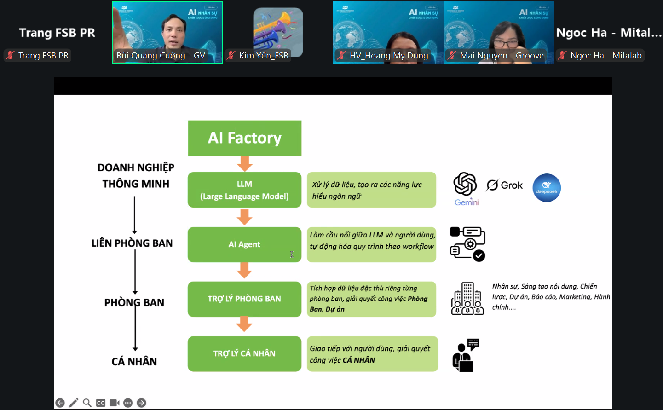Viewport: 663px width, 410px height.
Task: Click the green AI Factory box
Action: tap(244, 138)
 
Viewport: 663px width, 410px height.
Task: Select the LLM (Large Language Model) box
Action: tap(244, 190)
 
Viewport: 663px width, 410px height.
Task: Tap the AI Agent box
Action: tap(244, 244)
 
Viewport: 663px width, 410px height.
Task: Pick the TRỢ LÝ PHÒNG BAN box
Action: tap(244, 299)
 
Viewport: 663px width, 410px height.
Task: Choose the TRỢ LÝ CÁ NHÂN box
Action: tap(244, 353)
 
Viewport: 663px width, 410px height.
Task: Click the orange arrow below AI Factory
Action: tap(244, 163)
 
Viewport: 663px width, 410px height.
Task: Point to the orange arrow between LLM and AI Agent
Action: tap(244, 217)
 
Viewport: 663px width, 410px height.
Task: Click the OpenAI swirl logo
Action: tap(465, 184)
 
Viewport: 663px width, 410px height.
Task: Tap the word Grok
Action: tap(512, 185)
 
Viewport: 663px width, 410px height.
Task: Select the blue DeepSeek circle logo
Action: tap(547, 188)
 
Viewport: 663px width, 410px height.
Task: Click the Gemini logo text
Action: tap(467, 202)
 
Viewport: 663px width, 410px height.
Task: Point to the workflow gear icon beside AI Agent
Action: tap(467, 244)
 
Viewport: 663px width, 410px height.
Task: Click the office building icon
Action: tap(467, 299)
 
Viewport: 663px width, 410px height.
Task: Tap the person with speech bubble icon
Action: tap(466, 355)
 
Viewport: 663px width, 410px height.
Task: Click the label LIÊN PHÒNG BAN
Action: tap(132, 243)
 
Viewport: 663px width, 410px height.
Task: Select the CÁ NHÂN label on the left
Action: tap(134, 362)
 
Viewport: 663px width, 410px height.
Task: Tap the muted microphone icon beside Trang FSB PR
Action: tap(10, 56)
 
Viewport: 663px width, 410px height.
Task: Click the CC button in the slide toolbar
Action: tap(101, 403)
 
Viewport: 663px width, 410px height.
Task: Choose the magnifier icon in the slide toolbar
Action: tap(87, 403)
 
